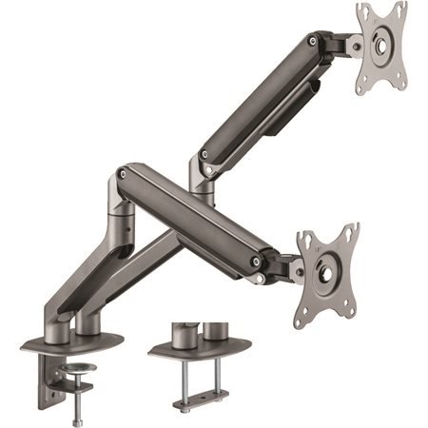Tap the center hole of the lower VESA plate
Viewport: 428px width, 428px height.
tap(325, 272)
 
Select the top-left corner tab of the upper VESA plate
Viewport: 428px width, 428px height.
tap(362, 11)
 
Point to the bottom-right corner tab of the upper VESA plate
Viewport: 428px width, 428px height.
tap(399, 88)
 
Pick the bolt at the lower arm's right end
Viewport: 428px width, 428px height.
tap(255, 262)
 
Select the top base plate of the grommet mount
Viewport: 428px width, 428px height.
tap(200, 346)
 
